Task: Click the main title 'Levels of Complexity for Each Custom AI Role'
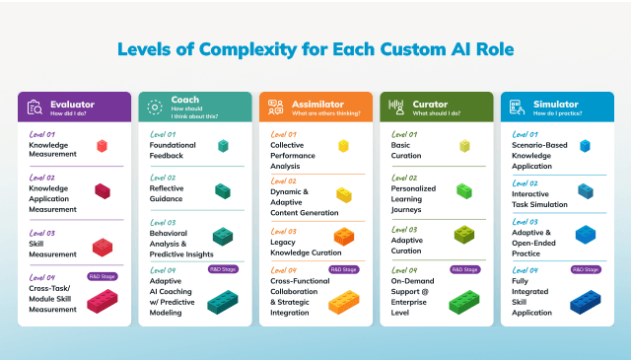315,49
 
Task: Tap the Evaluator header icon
35,108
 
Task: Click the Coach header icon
154,108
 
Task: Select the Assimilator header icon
275,108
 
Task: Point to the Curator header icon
396,108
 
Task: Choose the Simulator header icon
517,108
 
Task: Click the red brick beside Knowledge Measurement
102,146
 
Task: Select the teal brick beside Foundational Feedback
224,146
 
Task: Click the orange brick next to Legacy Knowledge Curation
343,237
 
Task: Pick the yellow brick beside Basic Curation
464,146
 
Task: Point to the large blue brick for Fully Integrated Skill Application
585,299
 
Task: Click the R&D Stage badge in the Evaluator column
102,276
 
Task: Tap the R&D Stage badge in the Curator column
464,269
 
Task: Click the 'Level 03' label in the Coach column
163,223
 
